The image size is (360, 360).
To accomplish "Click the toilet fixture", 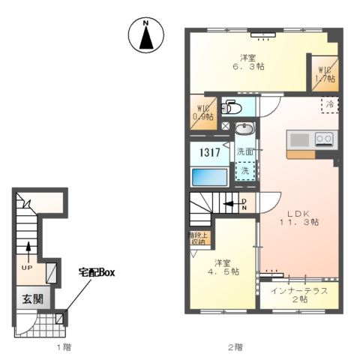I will (230, 108).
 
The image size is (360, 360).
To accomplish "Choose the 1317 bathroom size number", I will (208, 152).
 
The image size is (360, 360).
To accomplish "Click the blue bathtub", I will (209, 177).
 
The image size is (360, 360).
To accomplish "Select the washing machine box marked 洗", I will (244, 171).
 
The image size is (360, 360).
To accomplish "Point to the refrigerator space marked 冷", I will (329, 106).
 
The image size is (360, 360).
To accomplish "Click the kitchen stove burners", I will (324, 139).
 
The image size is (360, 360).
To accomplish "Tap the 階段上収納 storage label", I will (198, 238).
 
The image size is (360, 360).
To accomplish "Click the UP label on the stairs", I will (27, 266).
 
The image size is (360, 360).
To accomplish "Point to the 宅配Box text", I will (97, 271).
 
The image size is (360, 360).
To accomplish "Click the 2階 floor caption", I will (235, 346).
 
